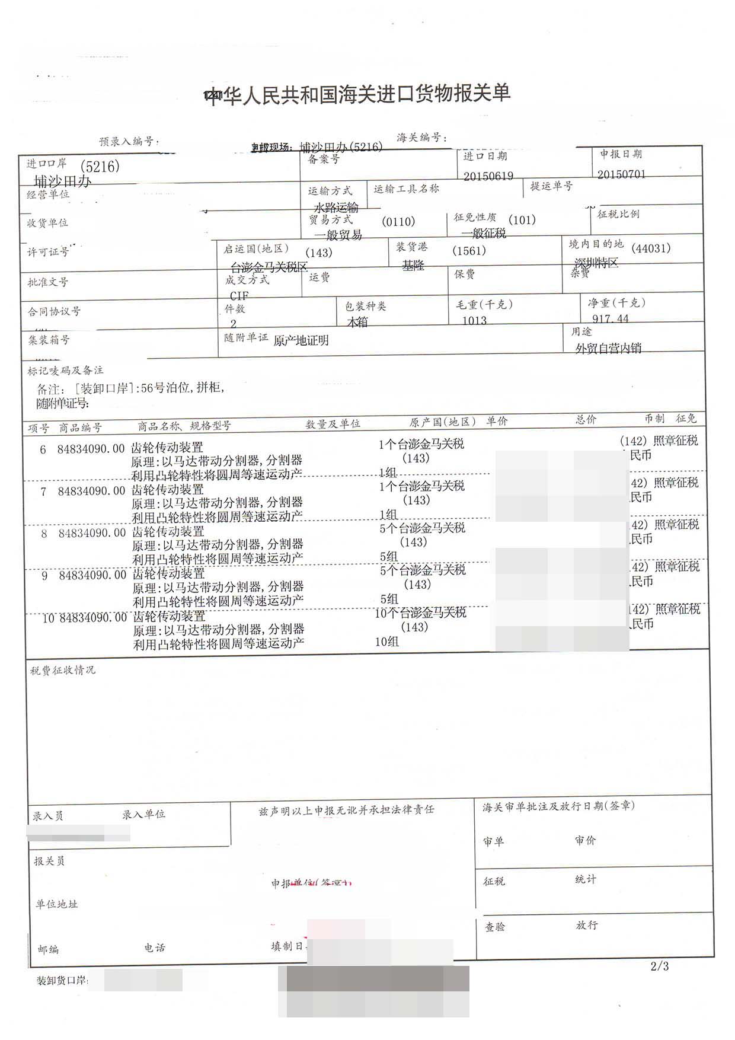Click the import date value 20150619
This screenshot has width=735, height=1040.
[488, 176]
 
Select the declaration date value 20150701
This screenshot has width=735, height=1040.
[621, 174]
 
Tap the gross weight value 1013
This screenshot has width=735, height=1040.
[474, 320]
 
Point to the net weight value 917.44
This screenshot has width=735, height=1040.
[610, 318]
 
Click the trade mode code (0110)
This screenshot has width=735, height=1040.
[398, 222]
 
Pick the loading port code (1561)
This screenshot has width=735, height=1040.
[469, 251]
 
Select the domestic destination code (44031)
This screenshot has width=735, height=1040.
[651, 248]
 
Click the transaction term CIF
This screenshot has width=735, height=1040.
[239, 295]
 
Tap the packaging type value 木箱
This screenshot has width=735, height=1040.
[357, 322]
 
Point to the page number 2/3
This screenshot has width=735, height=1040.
[659, 966]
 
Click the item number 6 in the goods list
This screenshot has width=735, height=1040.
[43, 449]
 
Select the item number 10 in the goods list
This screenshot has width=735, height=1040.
[49, 618]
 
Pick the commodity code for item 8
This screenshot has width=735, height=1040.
[92, 533]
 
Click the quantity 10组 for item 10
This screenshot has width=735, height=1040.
[386, 642]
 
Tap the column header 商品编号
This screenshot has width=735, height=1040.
[80, 428]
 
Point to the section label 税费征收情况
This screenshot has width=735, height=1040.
[63, 670]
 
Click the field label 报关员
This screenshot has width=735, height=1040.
[49, 861]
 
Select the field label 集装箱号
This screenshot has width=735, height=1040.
[49, 340]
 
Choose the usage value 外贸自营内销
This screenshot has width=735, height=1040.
[608, 348]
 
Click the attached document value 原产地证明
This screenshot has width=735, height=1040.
[301, 340]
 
